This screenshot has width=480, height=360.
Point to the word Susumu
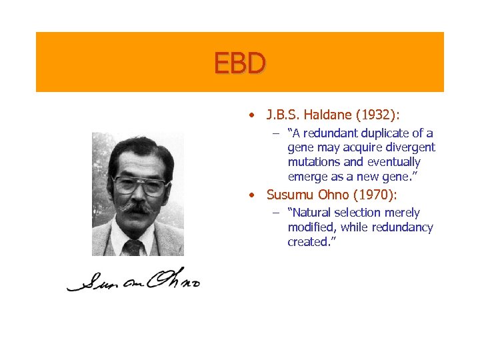point(290,195)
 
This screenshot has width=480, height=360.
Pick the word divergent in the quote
point(413,147)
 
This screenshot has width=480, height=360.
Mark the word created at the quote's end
point(309,242)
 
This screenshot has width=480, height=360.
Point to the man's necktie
point(134,247)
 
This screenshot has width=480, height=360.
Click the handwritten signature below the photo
point(133,280)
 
